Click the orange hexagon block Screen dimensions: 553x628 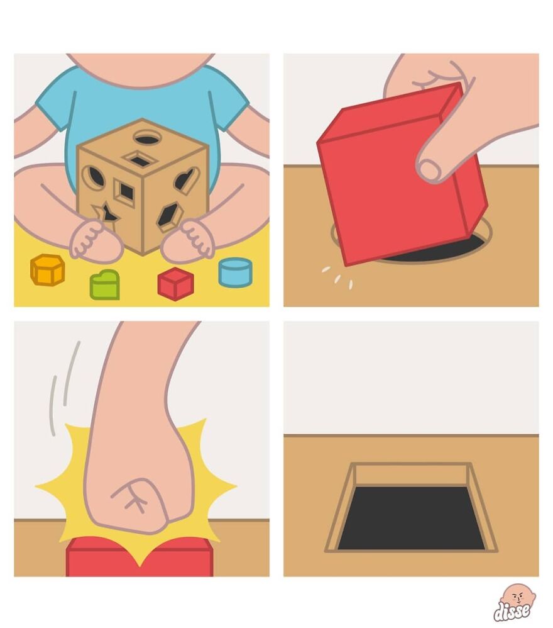coord(47,270)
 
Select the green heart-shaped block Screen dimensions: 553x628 coord(105,285)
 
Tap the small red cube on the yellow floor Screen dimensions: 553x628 coord(175,284)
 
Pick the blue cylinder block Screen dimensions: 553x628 coord(236,272)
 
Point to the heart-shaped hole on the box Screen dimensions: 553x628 coord(187,179)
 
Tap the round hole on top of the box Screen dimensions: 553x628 coord(148,139)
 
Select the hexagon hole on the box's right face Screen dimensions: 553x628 coord(170,216)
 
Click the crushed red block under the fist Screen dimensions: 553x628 coord(140,557)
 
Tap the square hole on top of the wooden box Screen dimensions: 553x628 coord(140,159)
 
